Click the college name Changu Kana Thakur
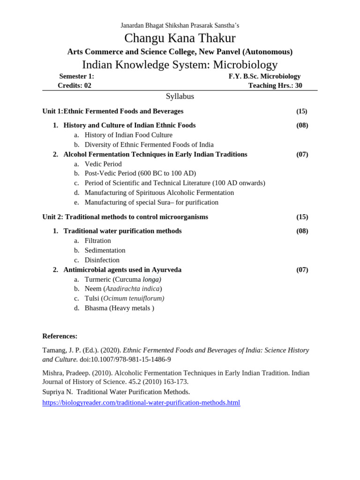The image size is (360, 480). [x=180, y=38]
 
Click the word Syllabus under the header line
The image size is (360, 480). [x=180, y=97]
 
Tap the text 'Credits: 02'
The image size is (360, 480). [x=75, y=85]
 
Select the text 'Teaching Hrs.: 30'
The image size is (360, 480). [x=275, y=85]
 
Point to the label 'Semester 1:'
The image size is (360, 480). [x=76, y=76]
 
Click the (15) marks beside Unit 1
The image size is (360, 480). [x=302, y=111]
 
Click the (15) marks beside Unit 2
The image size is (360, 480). [x=302, y=217]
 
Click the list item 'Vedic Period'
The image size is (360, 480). [x=103, y=164]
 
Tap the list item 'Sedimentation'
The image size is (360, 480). [x=105, y=250]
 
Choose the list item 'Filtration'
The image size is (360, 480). [x=97, y=240]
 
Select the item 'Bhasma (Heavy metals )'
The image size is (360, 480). [x=119, y=308]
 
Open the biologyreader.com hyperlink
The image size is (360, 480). [x=141, y=403]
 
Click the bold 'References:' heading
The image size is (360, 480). [x=60, y=336]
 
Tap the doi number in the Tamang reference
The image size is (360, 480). [x=125, y=360]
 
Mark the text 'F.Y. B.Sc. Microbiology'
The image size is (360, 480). [x=264, y=76]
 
